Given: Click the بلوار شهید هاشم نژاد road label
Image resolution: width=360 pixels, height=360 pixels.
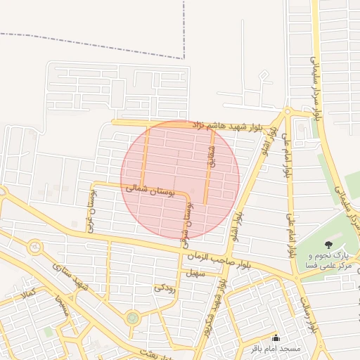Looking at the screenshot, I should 221,125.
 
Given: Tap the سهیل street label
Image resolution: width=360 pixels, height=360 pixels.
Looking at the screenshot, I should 194,273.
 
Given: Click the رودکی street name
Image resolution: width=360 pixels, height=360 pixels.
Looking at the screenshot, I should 163,287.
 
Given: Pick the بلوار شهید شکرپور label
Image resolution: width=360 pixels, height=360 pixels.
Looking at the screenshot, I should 213,309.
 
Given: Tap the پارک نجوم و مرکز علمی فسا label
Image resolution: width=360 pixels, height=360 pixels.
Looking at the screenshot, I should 329,261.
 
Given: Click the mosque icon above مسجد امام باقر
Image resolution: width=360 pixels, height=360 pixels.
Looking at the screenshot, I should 276,337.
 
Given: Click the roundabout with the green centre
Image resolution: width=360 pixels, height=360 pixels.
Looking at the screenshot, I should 133,318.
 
